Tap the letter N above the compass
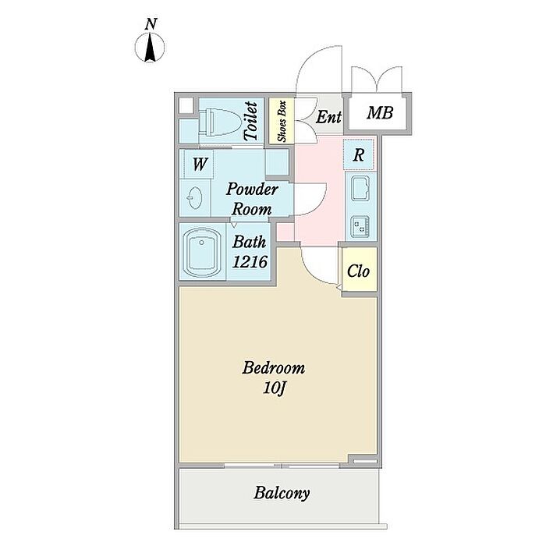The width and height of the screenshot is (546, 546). tap(151, 24)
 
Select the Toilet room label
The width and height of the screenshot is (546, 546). tap(251, 121)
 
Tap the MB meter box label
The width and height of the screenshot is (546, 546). tap(380, 114)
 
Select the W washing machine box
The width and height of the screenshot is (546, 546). tap(200, 165)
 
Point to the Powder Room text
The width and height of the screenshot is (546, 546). tap(252, 200)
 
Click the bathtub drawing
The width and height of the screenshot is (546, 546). tap(204, 253)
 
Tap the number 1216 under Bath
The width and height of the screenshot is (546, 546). tap(251, 263)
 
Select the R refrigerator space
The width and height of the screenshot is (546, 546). tap(359, 154)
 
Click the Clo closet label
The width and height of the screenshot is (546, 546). tap(358, 272)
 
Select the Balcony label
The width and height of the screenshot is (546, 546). tap(282, 493)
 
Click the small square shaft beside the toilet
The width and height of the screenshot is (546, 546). tap(186, 108)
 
